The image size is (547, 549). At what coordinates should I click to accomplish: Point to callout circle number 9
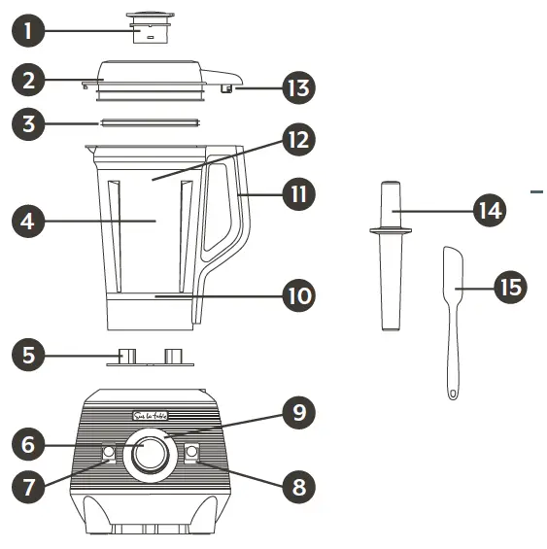298,413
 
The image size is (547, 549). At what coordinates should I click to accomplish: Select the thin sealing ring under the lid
147,123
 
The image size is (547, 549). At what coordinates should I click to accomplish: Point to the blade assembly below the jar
148,357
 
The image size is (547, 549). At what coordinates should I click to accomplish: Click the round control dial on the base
149,454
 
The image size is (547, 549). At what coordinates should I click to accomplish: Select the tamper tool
390,253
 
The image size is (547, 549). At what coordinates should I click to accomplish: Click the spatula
452,311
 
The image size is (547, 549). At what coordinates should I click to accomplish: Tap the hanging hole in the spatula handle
452,393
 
